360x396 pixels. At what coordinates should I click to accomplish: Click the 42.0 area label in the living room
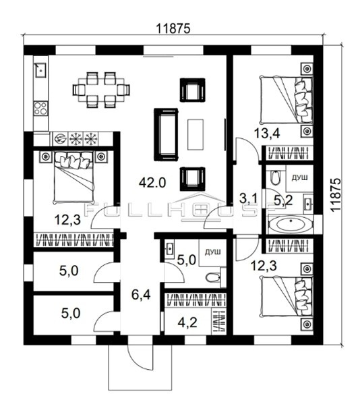coord(152,182)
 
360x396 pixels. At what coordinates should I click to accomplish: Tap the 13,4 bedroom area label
coord(267,133)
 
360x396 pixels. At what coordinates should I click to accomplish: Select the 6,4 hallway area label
coord(142,295)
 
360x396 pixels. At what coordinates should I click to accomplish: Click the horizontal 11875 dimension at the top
coord(173,28)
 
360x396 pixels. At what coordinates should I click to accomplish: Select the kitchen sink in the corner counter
coord(40,69)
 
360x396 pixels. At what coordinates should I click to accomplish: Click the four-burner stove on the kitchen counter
coord(40,108)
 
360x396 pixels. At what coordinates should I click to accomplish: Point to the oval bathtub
coord(291,224)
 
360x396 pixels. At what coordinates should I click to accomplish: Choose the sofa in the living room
coord(167,135)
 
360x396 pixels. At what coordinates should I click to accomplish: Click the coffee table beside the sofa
coord(196,134)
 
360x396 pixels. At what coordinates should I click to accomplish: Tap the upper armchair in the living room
coord(192,90)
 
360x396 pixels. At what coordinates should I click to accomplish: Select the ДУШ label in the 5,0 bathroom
coord(212,252)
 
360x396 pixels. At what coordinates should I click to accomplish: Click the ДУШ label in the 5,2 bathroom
coord(300,178)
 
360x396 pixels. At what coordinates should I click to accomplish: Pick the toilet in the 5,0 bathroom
coord(213,278)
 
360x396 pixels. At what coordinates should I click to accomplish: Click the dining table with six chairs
coord(101,90)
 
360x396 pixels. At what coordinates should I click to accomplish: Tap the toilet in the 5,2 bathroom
coord(275,177)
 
